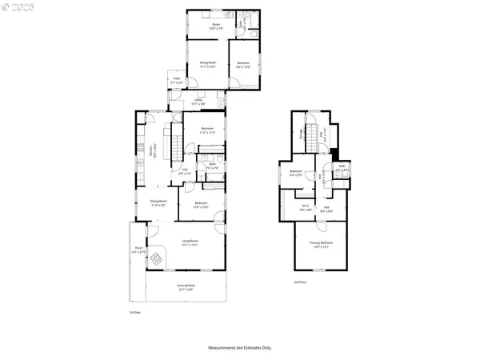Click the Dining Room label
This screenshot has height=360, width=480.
click(158, 203)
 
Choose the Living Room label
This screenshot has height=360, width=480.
click(190, 242)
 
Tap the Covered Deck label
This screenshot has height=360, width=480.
click(186, 286)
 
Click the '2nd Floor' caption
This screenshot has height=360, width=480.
click(300, 282)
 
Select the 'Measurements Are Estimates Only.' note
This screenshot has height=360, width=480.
click(240, 348)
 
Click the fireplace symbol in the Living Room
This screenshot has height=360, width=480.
click(158, 258)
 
